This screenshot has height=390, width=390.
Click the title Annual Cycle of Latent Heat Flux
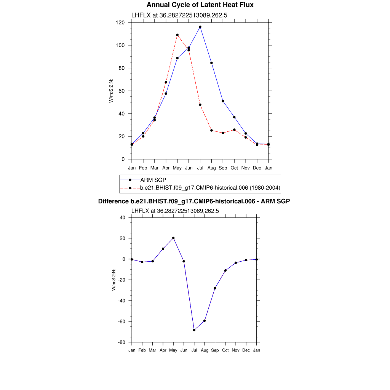(x=200, y=5)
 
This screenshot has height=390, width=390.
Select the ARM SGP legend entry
(x=153, y=179)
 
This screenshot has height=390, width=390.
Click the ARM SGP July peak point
(x=200, y=27)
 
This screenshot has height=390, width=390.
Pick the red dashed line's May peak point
(x=177, y=35)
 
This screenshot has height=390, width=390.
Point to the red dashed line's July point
(x=200, y=105)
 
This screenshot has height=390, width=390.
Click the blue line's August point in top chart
(x=211, y=63)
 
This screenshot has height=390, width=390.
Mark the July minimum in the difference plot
(x=194, y=330)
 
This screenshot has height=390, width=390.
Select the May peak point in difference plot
(x=173, y=238)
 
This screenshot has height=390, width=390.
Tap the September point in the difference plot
(x=215, y=288)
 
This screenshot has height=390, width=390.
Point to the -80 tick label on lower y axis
(x=121, y=342)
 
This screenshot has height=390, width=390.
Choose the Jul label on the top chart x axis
(x=200, y=168)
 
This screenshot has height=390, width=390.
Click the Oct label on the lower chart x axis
(x=225, y=350)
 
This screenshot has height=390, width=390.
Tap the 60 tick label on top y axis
(x=122, y=91)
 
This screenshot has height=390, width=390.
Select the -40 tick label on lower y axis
(x=121, y=300)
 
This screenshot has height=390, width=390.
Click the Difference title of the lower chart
(x=194, y=201)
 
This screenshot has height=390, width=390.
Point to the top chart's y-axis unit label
(x=111, y=90)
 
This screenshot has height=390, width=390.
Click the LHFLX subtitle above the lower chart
(x=175, y=210)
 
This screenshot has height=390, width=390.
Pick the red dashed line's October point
(x=234, y=129)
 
